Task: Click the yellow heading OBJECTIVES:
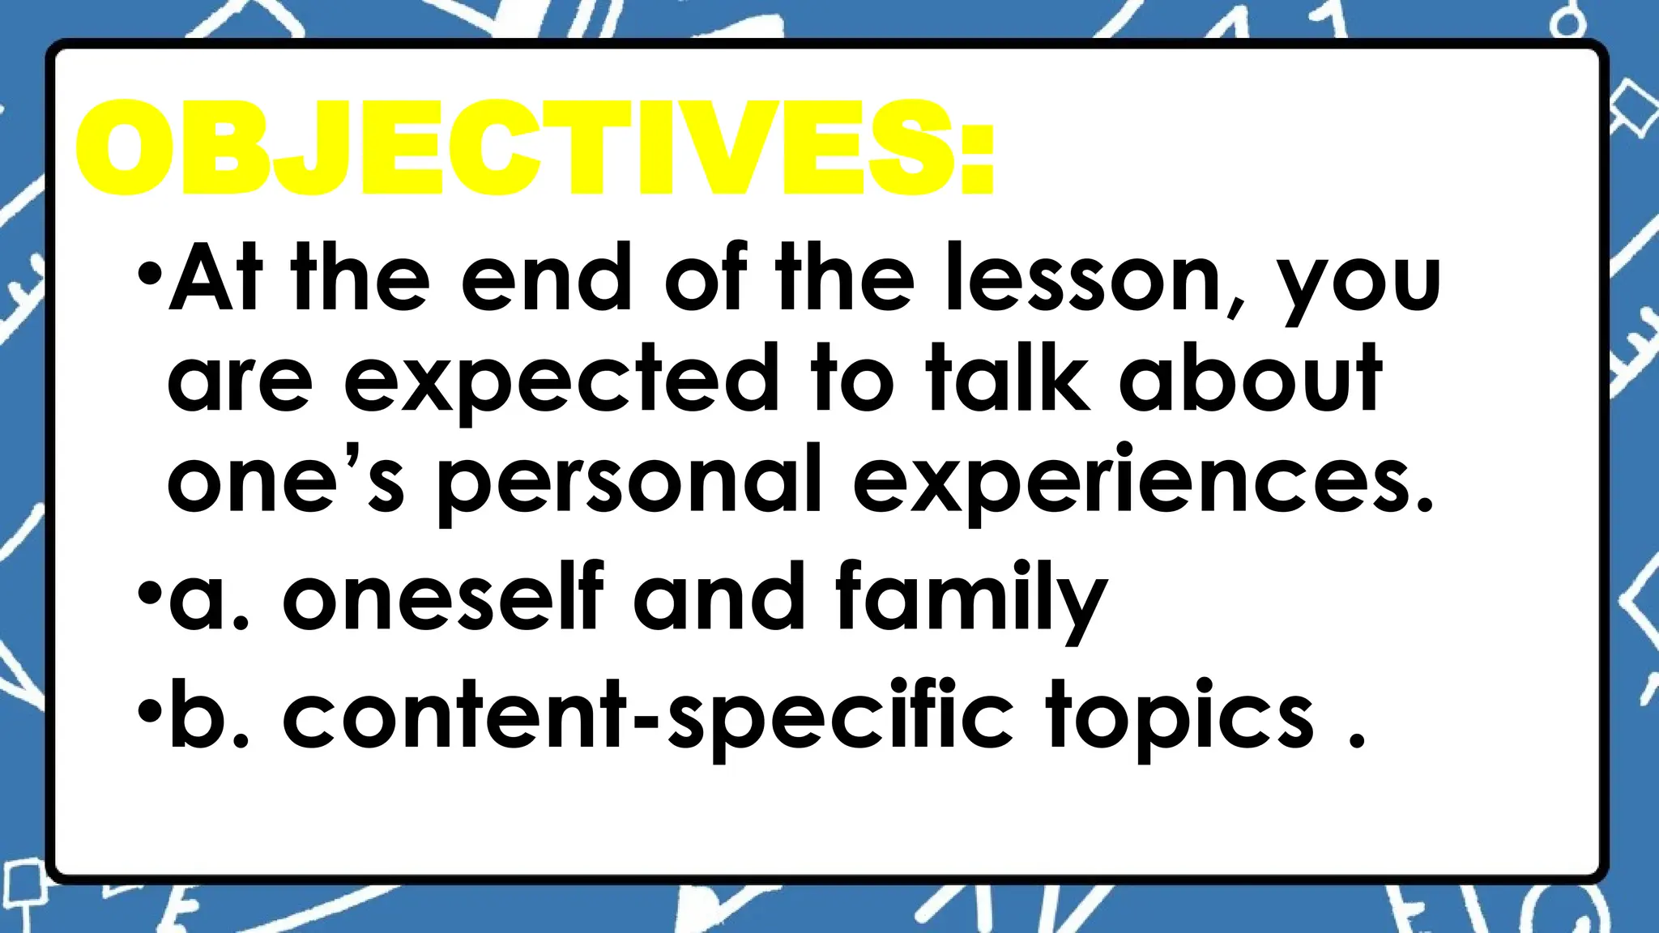535,147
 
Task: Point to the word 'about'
1252,378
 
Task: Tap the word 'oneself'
443,597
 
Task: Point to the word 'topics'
1179,716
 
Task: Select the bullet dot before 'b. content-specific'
150,710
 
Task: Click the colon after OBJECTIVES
978,158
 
